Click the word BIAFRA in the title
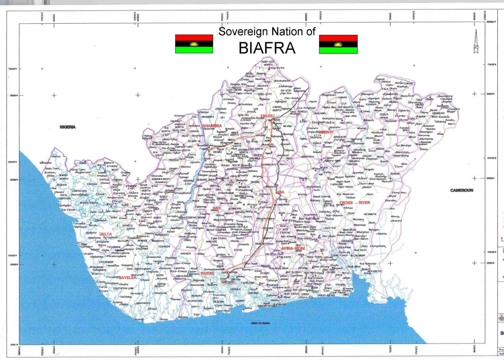point(267,48)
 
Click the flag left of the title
point(194,44)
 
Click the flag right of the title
point(338,44)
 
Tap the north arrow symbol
point(476,41)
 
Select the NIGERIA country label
point(67,127)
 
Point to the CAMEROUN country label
point(461,190)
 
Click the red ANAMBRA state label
point(212,126)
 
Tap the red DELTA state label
point(106,234)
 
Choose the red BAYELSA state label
point(128,278)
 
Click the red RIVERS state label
point(208,273)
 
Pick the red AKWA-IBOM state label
point(293,248)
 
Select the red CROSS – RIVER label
point(355,203)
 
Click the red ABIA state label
point(280,192)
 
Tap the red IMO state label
point(216,208)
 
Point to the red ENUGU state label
point(267,116)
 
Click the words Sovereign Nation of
point(267,32)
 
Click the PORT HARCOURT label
point(227,281)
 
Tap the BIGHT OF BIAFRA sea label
point(261,323)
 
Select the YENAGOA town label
point(164,247)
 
